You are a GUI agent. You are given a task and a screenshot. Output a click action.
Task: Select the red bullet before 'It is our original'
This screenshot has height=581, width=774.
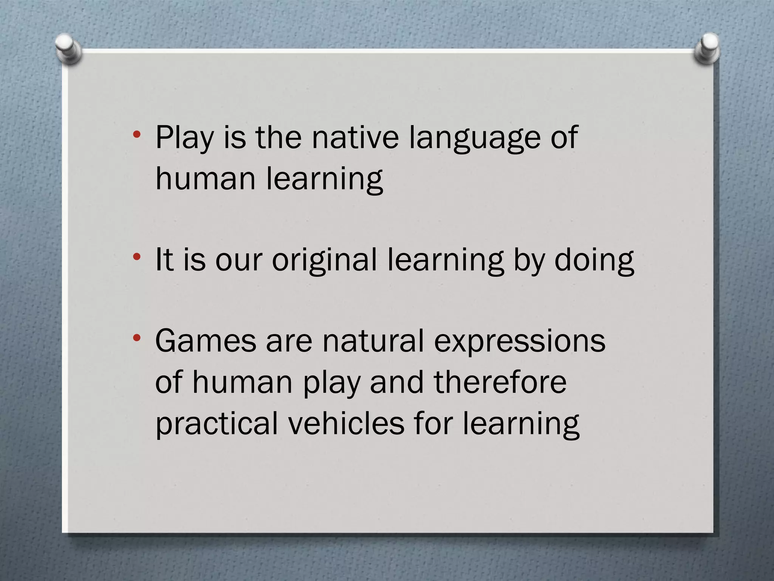coord(137,257)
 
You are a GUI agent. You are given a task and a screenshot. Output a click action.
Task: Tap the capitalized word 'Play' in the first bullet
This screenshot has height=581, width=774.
coord(184,138)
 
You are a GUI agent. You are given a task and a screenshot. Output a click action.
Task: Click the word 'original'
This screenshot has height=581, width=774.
coord(324,260)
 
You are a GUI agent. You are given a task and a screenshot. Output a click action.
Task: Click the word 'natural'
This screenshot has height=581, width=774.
coord(373,341)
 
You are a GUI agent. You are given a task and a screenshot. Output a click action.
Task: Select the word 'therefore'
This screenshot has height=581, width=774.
coord(500,382)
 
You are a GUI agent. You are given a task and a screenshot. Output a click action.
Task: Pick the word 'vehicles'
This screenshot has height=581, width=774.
coord(346,423)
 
